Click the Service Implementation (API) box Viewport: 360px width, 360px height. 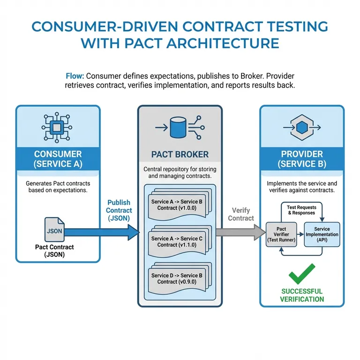click(x=322, y=233)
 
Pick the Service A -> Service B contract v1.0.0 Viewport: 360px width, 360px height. click(x=177, y=204)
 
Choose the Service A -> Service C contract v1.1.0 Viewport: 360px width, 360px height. click(x=177, y=241)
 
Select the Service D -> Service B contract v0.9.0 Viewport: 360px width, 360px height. click(x=177, y=279)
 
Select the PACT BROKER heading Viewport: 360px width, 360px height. click(x=180, y=154)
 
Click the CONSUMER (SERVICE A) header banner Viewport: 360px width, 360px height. click(x=58, y=159)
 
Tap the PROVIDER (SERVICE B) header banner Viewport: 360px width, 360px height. click(x=302, y=159)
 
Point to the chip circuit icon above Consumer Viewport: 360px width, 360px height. click(x=58, y=127)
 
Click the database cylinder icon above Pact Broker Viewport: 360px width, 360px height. click(x=180, y=127)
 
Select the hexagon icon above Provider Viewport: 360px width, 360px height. click(x=302, y=127)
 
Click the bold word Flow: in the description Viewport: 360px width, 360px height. click(x=76, y=76)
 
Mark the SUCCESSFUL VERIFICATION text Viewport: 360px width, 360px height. click(x=302, y=295)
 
